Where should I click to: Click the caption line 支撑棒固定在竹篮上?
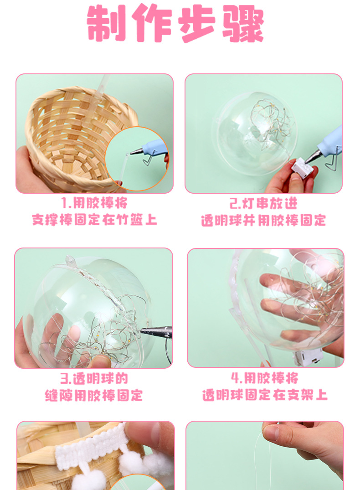(94, 220)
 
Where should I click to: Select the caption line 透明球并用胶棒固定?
(263, 220)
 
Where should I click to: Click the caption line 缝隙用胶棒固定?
(94, 395)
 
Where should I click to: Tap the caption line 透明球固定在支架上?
(264, 395)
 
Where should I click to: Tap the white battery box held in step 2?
(301, 168)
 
